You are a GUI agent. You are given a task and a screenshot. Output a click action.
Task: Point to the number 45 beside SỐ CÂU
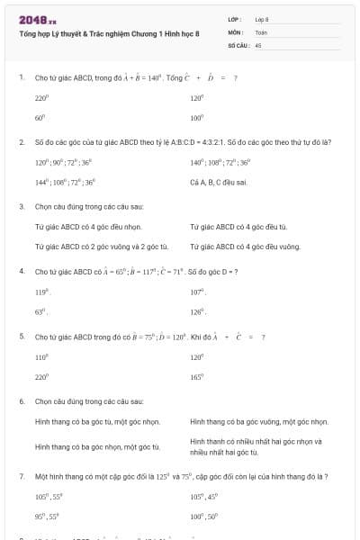pyautogui.click(x=258, y=44)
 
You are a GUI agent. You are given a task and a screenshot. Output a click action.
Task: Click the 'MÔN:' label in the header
pyautogui.click(x=236, y=31)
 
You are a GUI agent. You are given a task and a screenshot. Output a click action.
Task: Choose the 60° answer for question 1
pyautogui.click(x=40, y=117)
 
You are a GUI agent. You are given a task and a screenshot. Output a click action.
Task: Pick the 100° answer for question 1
pyautogui.click(x=197, y=117)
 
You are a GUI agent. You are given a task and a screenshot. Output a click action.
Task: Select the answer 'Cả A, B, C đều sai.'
pyautogui.click(x=212, y=181)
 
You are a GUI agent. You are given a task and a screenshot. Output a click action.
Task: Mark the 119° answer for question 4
pyautogui.click(x=40, y=292)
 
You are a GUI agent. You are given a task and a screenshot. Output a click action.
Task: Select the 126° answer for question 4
pyautogui.click(x=198, y=310)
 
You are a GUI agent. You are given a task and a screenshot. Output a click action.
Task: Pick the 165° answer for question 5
pyautogui.click(x=197, y=375)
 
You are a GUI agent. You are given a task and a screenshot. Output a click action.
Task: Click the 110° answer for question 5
pyautogui.click(x=40, y=357)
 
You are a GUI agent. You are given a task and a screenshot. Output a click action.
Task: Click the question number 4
pyautogui.click(x=21, y=271)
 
